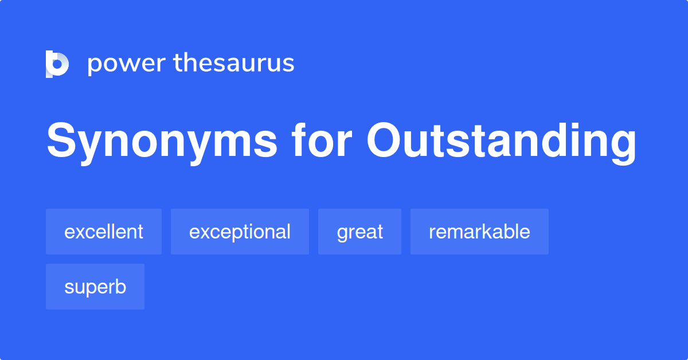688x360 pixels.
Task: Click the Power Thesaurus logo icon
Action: click(x=57, y=64)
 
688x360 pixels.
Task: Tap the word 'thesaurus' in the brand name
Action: click(x=234, y=62)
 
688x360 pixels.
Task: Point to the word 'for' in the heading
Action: click(x=322, y=140)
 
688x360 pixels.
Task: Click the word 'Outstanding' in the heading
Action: click(x=502, y=143)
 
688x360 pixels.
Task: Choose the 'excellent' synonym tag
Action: click(x=104, y=232)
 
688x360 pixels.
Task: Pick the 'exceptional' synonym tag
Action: click(x=240, y=232)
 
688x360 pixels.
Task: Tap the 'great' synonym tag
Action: click(x=359, y=232)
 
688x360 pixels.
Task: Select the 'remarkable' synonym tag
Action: click(x=479, y=232)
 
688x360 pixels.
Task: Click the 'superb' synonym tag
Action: click(x=95, y=287)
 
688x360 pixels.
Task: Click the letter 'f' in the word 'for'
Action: click(x=299, y=140)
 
